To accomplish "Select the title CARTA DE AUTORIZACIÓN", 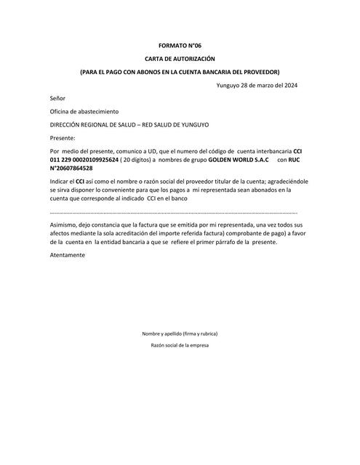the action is coord(180,59).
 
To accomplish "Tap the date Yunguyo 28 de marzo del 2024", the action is coord(257,86).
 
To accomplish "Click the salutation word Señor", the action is coord(57,98).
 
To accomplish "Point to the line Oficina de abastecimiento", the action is coord(83,111).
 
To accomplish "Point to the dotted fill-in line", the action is coord(173,212).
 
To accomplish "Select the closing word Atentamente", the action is coord(68,255).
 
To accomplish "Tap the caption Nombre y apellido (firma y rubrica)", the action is coord(180,333).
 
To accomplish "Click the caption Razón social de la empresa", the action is coord(180,345).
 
